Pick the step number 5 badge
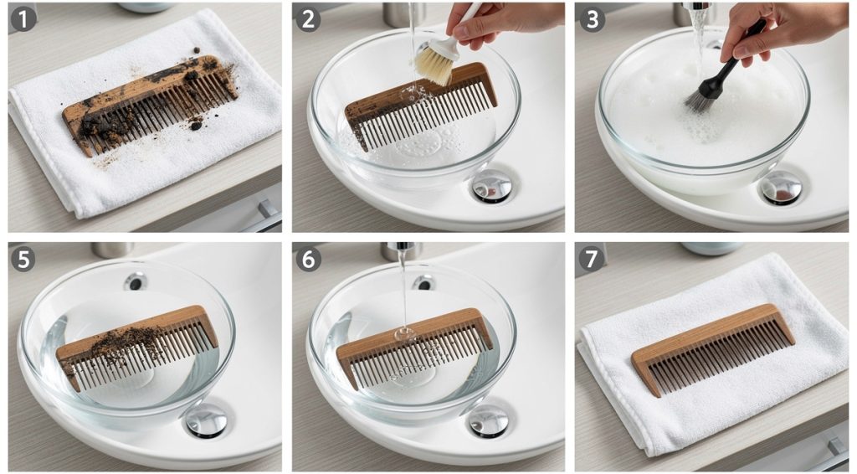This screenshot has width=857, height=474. [23, 259]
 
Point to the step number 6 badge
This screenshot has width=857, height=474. [308, 259]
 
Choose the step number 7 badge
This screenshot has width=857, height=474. [592, 259]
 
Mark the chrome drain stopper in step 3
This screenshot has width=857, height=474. [781, 188]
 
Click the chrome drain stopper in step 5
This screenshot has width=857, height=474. [206, 420]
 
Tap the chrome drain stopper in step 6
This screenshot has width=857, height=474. [488, 420]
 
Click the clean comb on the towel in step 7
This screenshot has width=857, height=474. [711, 348]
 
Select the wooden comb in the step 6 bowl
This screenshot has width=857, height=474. [414, 347]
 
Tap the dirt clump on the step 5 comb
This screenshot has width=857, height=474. [126, 341]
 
